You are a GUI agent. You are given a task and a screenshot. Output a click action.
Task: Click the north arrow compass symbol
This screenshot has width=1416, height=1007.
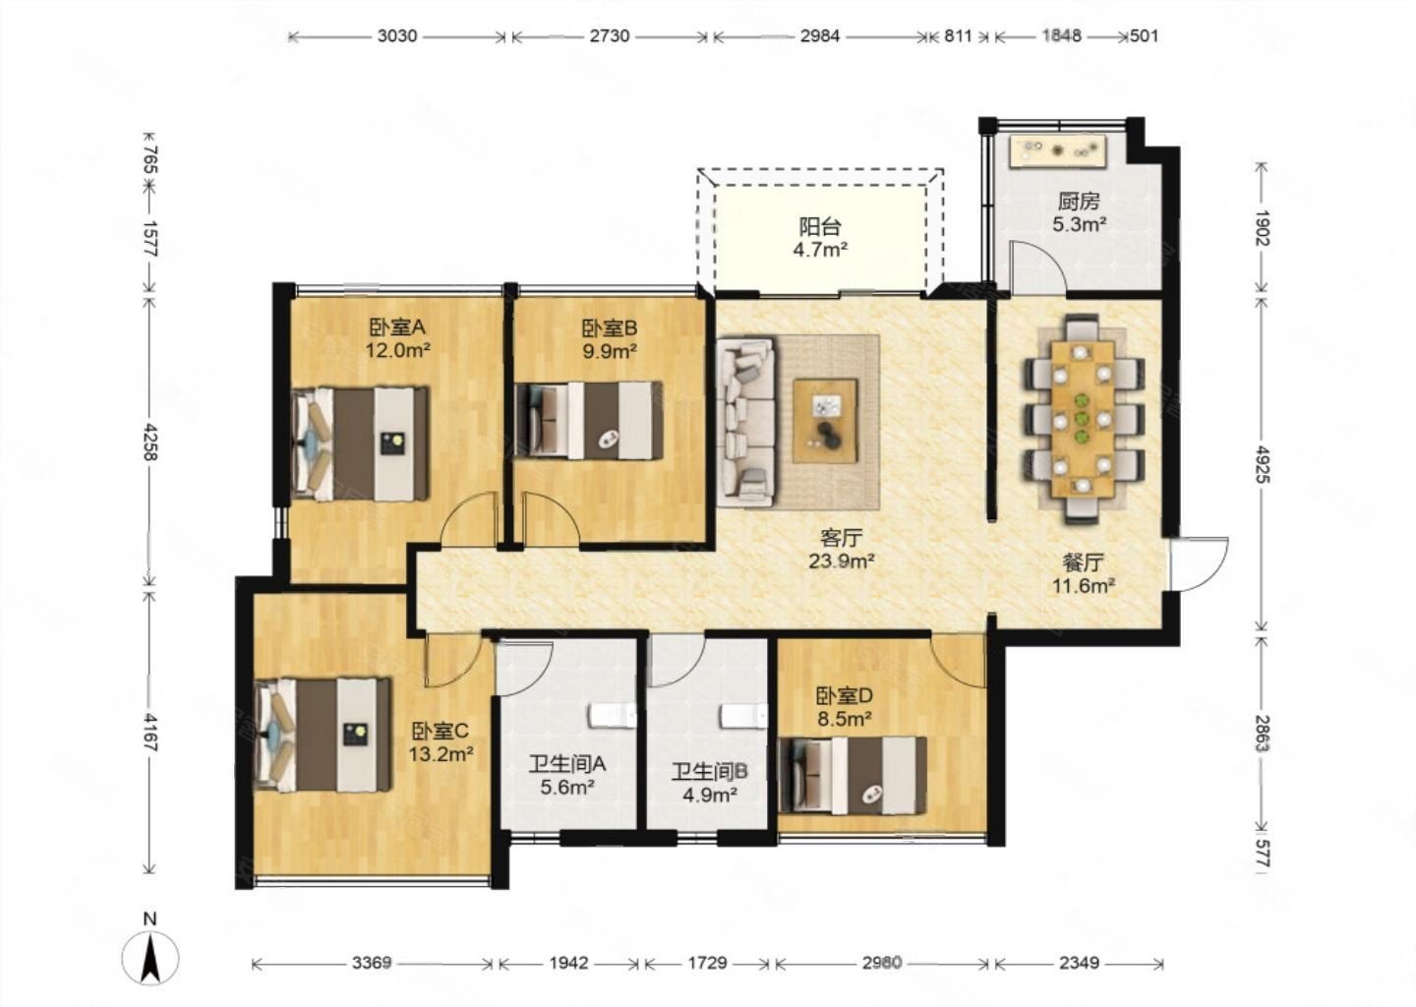coord(149,959)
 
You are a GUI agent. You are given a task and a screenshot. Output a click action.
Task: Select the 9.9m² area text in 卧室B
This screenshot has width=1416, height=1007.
coord(610,351)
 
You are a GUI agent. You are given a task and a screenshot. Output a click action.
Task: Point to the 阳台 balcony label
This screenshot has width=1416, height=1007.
coord(820,226)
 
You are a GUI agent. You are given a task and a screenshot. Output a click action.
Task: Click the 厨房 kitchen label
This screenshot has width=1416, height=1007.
coord(1079,201)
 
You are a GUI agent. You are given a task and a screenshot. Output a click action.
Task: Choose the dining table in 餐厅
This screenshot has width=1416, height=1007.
coord(1084,419)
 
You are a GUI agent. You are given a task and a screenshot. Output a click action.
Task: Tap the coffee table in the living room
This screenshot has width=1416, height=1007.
coord(826,421)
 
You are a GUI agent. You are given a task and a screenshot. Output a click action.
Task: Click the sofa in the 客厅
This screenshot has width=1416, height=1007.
coord(746,422)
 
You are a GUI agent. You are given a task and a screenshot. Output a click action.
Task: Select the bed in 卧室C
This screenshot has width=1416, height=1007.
coord(323,736)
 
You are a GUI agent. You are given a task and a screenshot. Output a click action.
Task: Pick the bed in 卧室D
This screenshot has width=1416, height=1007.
coord(854,776)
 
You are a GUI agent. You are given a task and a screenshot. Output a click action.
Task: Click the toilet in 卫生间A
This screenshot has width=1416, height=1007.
coord(613,716)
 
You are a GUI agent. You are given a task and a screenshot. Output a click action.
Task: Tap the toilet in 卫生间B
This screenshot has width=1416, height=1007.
coord(744,717)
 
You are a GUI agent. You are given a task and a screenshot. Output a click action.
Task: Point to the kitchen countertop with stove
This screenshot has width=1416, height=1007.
coord(1059,151)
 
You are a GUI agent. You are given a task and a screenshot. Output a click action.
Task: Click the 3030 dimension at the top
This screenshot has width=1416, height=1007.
coord(397,36)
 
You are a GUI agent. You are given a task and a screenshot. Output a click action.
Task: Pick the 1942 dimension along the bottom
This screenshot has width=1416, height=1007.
coord(569,963)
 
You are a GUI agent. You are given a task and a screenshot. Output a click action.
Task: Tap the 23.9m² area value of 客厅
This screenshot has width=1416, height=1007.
coord(842,561)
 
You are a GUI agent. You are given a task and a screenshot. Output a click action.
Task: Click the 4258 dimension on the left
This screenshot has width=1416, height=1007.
coord(150,442)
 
